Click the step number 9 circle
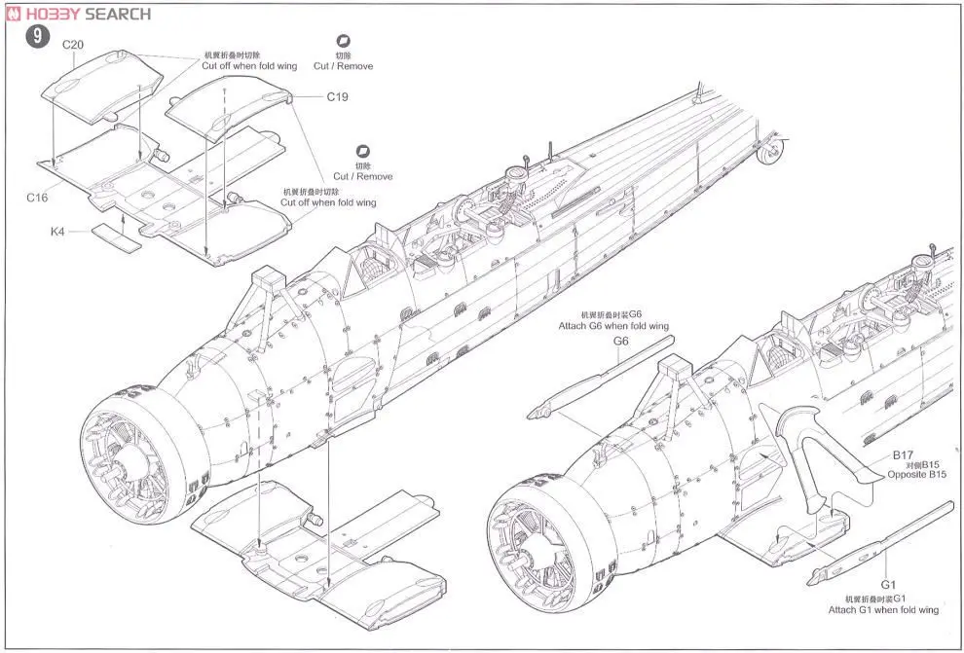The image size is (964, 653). [36, 39]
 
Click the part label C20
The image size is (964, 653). [74, 45]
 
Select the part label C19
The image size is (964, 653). [338, 96]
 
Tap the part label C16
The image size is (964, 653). [37, 197]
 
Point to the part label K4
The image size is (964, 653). [59, 233]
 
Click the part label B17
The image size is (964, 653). [903, 454]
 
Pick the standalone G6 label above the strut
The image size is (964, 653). [621, 341]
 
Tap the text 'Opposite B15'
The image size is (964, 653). [916, 475]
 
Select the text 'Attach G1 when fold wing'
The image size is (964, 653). [883, 609]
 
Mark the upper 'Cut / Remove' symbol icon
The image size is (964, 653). [342, 42]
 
